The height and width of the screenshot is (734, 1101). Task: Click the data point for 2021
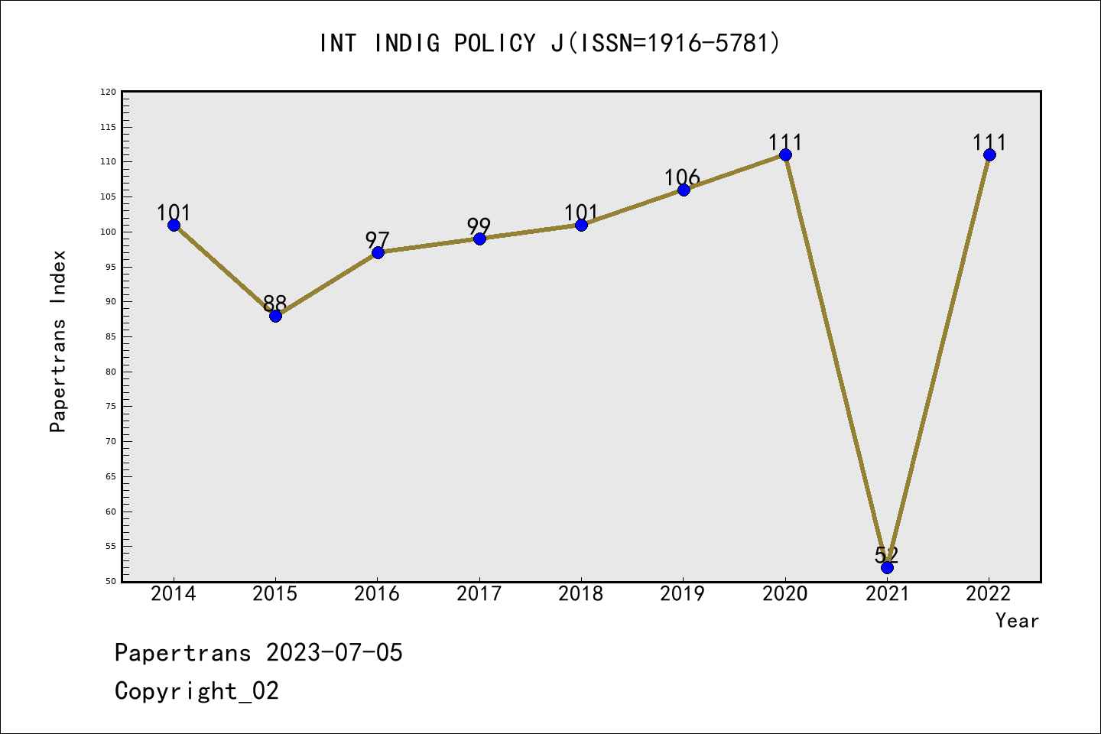[887, 567]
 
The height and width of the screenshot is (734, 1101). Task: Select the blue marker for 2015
[275, 316]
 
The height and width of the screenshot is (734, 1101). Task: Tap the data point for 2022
[989, 155]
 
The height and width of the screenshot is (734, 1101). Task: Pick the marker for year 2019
[684, 190]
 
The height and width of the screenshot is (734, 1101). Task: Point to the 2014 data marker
[174, 225]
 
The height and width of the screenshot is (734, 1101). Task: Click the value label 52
[887, 554]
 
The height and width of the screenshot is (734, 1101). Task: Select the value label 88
[274, 304]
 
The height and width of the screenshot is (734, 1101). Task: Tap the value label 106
[682, 177]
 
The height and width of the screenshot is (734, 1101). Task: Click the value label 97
[377, 240]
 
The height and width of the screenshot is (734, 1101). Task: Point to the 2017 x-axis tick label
[479, 594]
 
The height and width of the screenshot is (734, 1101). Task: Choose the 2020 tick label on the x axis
[784, 594]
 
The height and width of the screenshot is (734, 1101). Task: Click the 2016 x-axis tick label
[377, 594]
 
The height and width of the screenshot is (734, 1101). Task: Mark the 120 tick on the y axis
[108, 93]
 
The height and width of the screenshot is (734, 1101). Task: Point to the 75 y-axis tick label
[110, 407]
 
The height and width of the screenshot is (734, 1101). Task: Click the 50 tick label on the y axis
[110, 582]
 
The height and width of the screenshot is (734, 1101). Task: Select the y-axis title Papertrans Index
[58, 341]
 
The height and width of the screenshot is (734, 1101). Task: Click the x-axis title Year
[1017, 621]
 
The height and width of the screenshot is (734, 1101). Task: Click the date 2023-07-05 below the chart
[334, 653]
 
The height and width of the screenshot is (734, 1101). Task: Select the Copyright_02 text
[196, 691]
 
